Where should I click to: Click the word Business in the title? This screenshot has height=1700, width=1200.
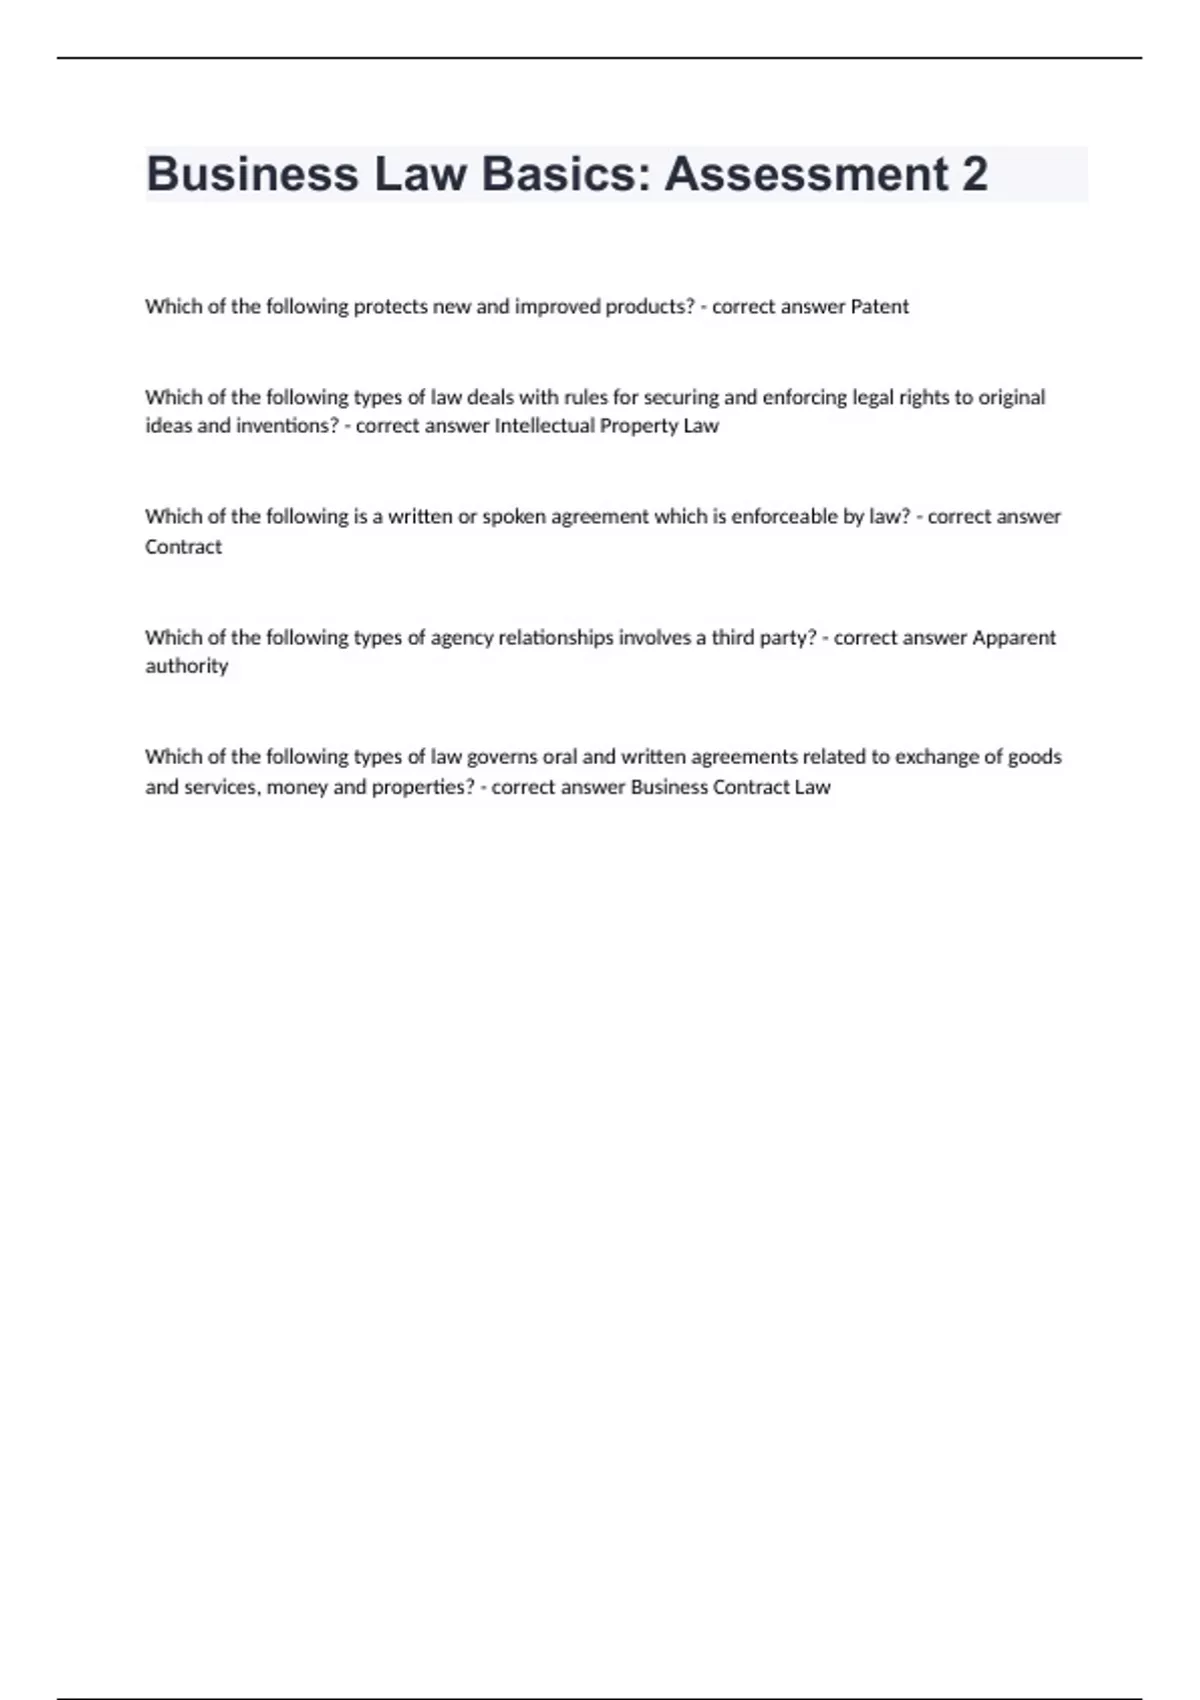pos(252,174)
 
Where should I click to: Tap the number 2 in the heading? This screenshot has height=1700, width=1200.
pos(974,174)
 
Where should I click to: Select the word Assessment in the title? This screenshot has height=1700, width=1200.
pos(806,174)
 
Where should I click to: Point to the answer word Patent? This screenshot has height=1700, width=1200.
pos(879,307)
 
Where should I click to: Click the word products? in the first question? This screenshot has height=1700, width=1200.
pos(650,307)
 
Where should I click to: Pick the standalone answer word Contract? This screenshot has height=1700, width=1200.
pos(183,547)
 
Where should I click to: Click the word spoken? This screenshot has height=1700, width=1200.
pos(511,517)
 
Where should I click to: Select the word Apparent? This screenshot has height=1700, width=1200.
pos(1014,638)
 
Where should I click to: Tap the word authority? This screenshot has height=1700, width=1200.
pos(187,666)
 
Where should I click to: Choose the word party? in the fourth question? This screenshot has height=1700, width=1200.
pos(787,638)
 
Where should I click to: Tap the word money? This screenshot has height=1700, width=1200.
pos(296,787)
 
